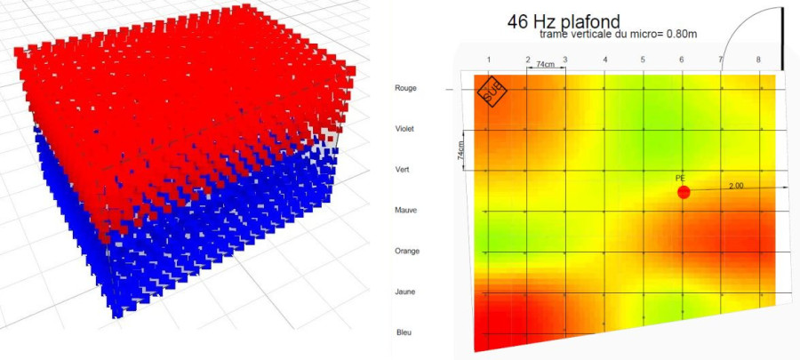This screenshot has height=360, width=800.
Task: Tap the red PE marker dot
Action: (x=684, y=192)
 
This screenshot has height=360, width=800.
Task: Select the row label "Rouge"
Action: (x=404, y=88)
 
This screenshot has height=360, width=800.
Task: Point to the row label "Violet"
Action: (x=404, y=129)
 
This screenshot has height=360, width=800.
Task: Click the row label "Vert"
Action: (x=403, y=169)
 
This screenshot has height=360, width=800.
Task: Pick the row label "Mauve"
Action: (x=404, y=210)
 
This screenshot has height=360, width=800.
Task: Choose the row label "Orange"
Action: (x=406, y=251)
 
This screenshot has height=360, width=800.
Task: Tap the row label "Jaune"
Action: (x=404, y=292)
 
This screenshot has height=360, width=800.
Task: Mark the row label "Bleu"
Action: (x=403, y=332)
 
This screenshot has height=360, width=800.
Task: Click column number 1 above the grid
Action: (x=488, y=60)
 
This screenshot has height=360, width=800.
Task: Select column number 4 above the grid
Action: (x=605, y=60)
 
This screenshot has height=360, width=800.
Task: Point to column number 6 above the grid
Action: (x=682, y=60)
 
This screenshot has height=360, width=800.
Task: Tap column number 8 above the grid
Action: (x=758, y=60)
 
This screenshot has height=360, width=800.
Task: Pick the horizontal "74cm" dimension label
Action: (x=545, y=66)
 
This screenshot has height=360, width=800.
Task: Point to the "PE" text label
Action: (x=681, y=179)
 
